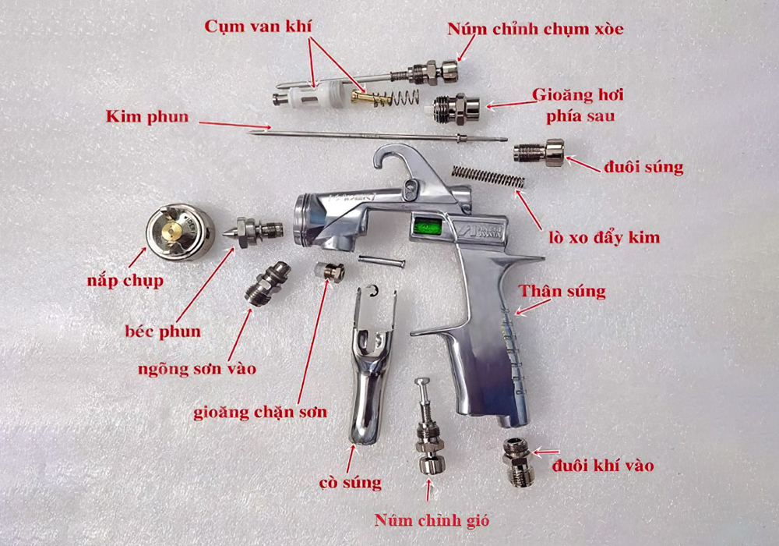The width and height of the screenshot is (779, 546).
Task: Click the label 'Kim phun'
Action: click(x=147, y=117)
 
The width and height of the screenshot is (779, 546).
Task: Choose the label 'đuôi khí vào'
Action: click(x=603, y=466)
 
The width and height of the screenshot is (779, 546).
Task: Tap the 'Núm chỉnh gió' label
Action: click(x=432, y=519)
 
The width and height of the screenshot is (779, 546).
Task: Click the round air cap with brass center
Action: click(x=180, y=231)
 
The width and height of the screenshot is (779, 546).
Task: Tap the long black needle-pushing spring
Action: click(x=489, y=176)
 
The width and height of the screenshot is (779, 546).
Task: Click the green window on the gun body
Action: click(x=427, y=227)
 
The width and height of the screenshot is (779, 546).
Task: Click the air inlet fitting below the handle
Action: click(x=516, y=461)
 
